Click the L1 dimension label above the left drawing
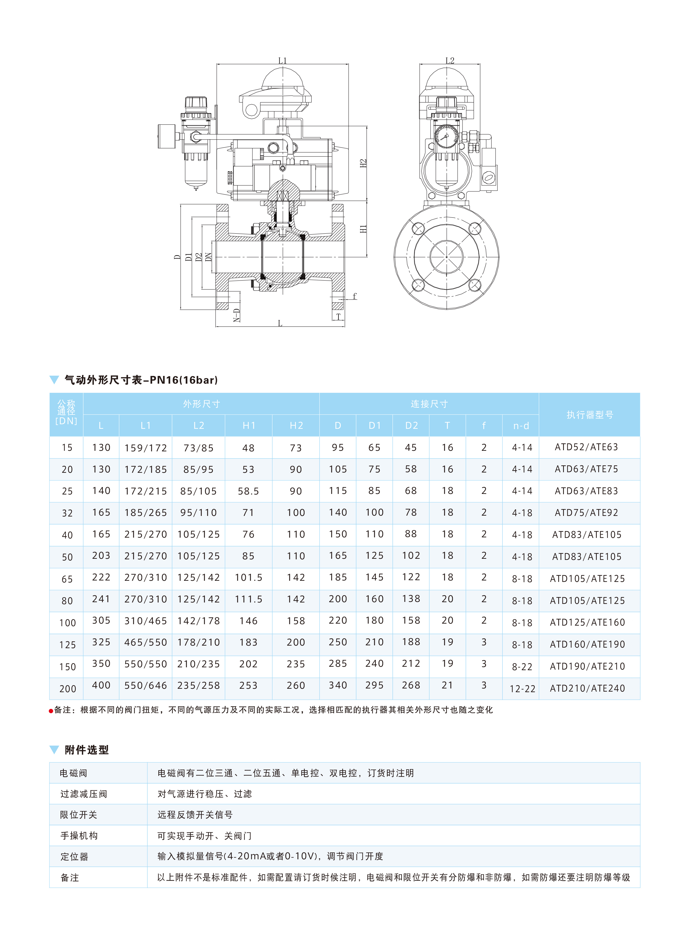click(282, 61)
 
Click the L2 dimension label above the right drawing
click(450, 61)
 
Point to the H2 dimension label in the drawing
click(363, 163)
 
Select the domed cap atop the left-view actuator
click(282, 78)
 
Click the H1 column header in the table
click(248, 425)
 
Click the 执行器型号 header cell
click(589, 415)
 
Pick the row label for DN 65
click(67, 579)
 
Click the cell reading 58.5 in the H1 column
click(248, 491)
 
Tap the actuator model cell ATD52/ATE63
click(586, 447)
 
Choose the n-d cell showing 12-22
click(522, 689)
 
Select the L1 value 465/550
click(146, 642)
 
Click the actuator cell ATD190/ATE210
click(587, 666)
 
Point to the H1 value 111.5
click(248, 599)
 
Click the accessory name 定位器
click(74, 857)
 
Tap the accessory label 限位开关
click(78, 815)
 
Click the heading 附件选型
click(87, 750)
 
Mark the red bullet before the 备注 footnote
click(51, 710)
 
